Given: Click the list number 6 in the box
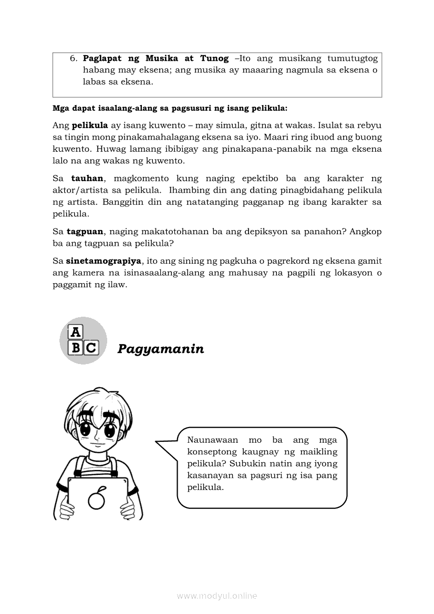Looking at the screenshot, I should point(73,58).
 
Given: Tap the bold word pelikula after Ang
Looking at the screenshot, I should point(89,126).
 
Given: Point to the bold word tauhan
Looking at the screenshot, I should point(88,179).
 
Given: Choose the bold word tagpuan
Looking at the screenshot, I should point(85,231).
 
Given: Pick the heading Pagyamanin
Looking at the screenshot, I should point(160,349).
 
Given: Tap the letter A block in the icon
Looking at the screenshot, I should point(76,332).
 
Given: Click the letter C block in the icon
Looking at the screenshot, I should point(91,348).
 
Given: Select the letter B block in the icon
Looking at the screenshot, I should point(76,348).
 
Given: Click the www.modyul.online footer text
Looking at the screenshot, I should point(217,596).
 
